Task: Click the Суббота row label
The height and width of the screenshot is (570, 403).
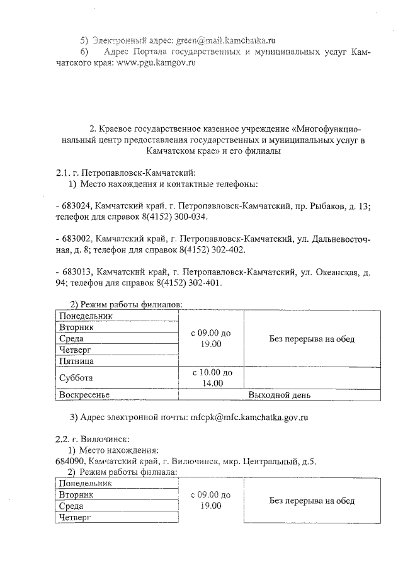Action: tap(76, 379)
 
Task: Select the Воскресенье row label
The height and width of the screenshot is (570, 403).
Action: tap(84, 395)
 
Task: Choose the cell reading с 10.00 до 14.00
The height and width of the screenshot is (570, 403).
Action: tap(212, 378)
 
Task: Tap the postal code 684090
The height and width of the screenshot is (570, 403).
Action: tap(72, 461)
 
